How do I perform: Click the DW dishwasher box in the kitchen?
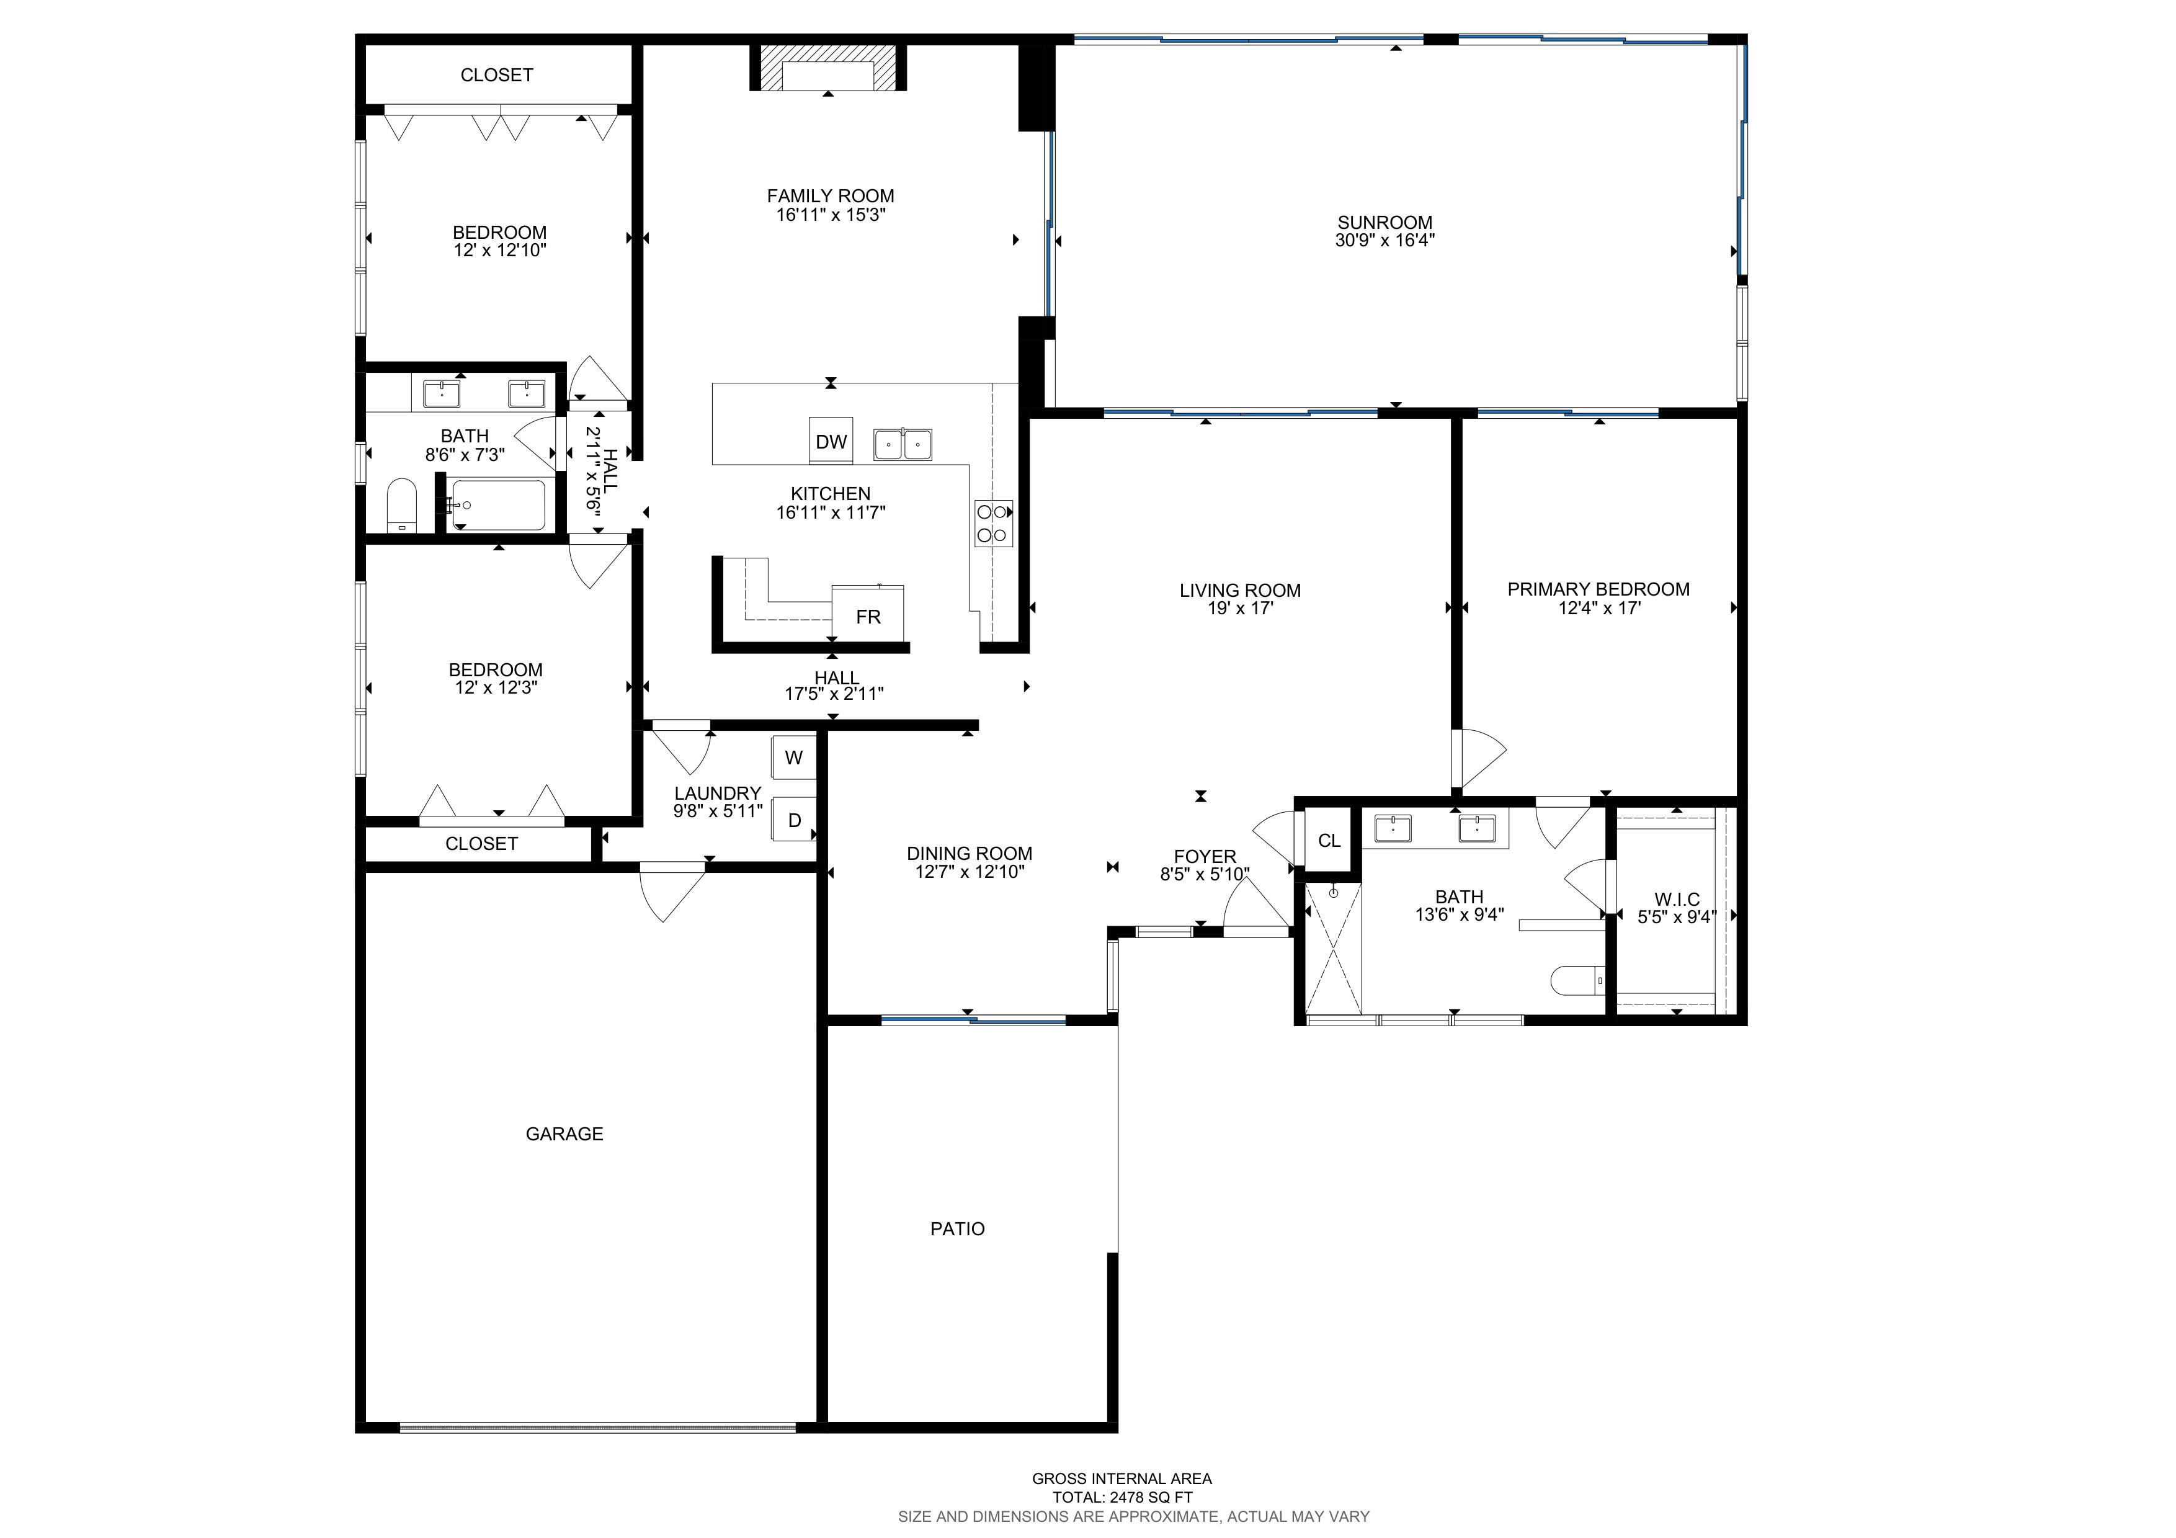pos(831,440)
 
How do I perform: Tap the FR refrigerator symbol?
pos(868,614)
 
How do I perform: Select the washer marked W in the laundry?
pos(794,757)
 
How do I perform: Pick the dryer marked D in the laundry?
pos(794,820)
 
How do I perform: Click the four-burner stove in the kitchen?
pos(993,523)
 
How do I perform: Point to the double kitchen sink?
pos(903,444)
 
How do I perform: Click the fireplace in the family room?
pos(828,67)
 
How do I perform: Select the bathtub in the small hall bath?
pos(497,505)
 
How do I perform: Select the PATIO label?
pos(957,1229)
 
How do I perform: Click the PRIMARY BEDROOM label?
pos(1599,589)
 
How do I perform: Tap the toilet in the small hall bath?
pos(402,505)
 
